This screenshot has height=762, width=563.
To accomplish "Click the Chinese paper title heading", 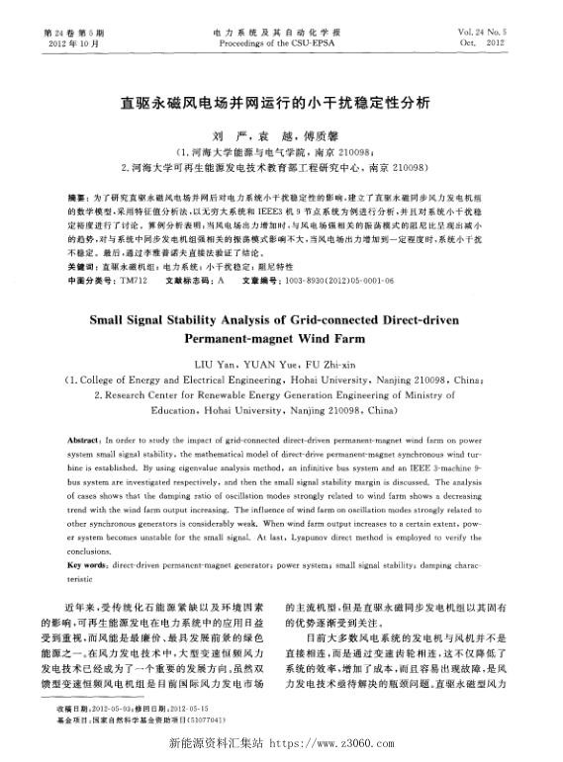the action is pos(281,101).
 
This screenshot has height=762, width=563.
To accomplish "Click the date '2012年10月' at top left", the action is pos(69,44).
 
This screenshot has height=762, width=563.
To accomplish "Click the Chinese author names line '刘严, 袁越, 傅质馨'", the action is pos(281,131).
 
